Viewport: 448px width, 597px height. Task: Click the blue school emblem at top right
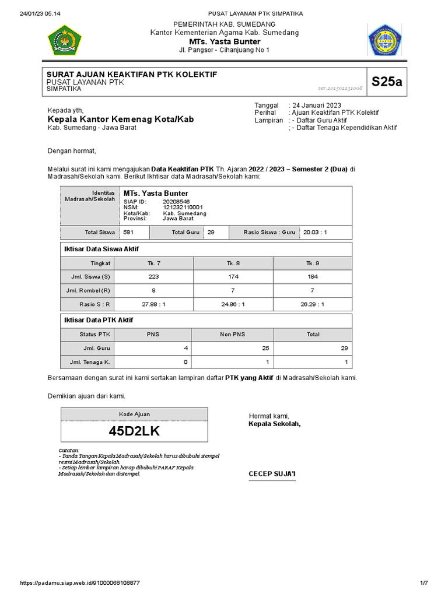(383, 41)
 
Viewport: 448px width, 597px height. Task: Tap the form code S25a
(387, 82)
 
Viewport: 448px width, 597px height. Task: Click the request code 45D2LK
(134, 431)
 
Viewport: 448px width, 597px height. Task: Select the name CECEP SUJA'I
(272, 475)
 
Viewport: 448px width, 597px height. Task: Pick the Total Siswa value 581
(128, 232)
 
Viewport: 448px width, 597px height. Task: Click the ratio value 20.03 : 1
(316, 232)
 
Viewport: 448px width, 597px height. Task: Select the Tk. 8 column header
(233, 264)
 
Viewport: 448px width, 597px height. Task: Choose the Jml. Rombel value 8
(154, 290)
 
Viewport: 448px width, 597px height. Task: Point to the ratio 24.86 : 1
(233, 304)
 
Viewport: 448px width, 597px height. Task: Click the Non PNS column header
(233, 335)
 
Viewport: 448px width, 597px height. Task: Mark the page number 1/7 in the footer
(423, 583)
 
